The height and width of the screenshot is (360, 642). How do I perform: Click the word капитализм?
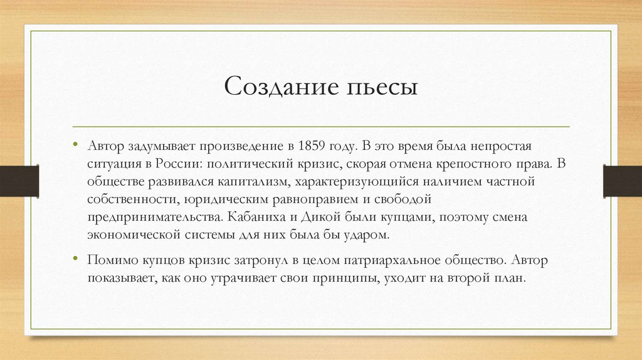coord(250,182)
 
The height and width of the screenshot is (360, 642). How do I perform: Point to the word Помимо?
coord(110,259)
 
